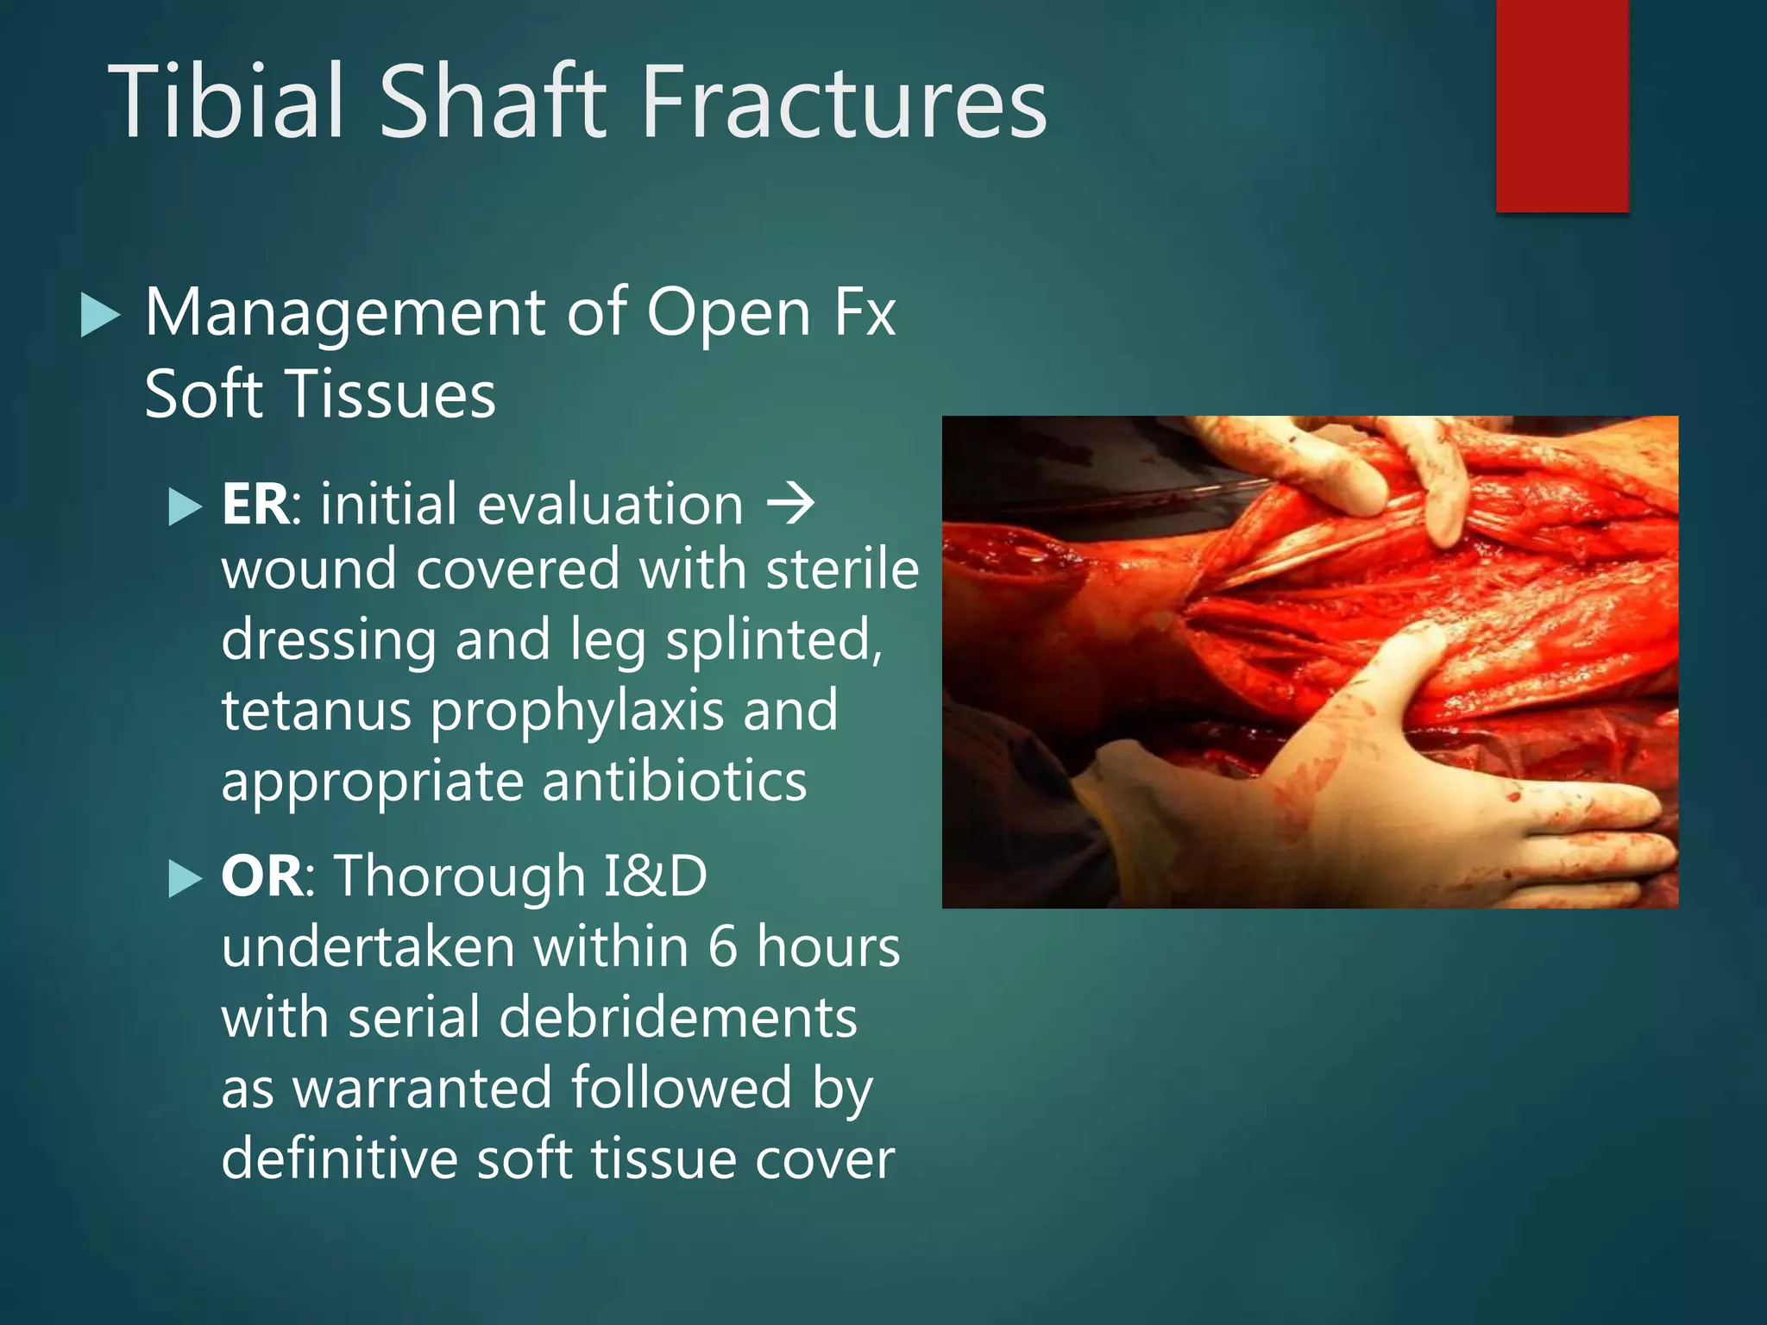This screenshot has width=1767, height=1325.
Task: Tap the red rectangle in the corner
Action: [x=1562, y=105]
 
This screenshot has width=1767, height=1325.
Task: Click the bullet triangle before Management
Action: [x=99, y=315]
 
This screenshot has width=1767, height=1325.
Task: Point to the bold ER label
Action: [x=255, y=505]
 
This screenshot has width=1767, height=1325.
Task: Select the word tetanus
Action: [x=316, y=711]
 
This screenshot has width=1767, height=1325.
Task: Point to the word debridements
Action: [x=678, y=1018]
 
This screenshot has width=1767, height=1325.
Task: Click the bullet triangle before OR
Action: [x=185, y=880]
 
